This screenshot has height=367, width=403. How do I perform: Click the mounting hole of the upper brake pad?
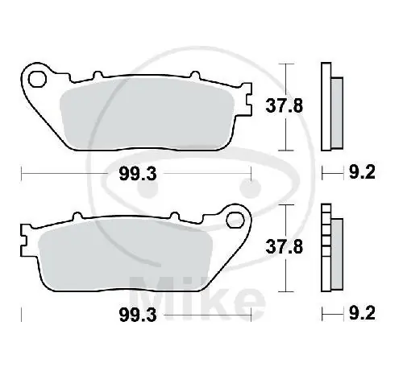pyautogui.click(x=36, y=78)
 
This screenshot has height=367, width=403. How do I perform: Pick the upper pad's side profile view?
pyautogui.click(x=330, y=106)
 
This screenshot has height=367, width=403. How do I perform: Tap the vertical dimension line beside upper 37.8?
pyautogui.click(x=283, y=105)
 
